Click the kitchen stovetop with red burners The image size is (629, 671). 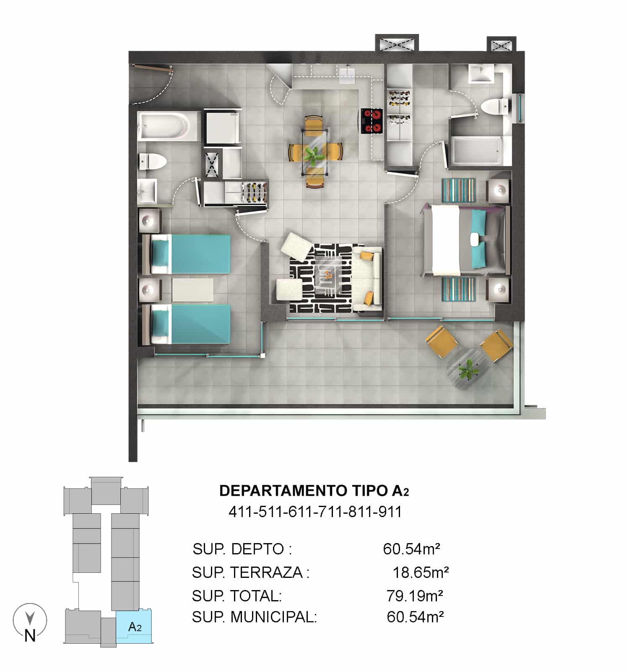[372, 121]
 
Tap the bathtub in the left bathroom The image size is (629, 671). [164, 126]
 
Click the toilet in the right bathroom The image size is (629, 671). [495, 107]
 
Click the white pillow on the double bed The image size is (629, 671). [475, 239]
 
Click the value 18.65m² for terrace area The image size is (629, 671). [421, 572]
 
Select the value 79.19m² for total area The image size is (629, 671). [415, 595]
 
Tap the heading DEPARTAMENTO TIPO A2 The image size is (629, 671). [314, 491]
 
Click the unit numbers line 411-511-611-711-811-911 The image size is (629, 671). [315, 512]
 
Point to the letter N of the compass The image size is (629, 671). [30, 636]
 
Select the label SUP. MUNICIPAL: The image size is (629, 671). [255, 617]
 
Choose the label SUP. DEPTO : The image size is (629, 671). [242, 549]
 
